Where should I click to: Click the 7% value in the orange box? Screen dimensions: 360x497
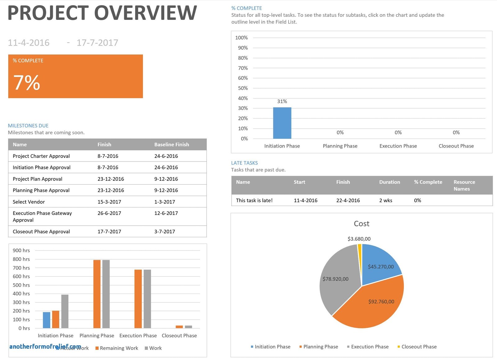click(27, 83)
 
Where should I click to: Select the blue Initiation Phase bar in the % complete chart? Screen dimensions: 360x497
click(282, 123)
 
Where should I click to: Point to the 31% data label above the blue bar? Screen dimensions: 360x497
click(282, 101)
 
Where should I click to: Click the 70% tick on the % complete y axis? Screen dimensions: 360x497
click(243, 68)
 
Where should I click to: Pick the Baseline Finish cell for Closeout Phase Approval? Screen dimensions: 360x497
click(164, 231)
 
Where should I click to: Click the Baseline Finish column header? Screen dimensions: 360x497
click(171, 144)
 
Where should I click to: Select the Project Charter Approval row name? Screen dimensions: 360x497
click(41, 156)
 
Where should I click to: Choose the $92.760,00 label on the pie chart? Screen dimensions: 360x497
click(381, 302)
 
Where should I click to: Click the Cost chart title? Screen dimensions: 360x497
click(362, 224)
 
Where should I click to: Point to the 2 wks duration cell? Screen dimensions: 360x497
click(385, 200)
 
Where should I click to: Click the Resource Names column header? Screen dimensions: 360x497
click(464, 185)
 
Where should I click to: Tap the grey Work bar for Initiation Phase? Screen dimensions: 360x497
click(65, 311)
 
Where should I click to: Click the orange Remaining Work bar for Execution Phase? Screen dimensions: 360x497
click(138, 299)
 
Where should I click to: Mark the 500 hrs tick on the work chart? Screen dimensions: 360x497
click(21, 285)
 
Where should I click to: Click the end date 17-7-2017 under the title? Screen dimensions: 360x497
click(97, 43)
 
